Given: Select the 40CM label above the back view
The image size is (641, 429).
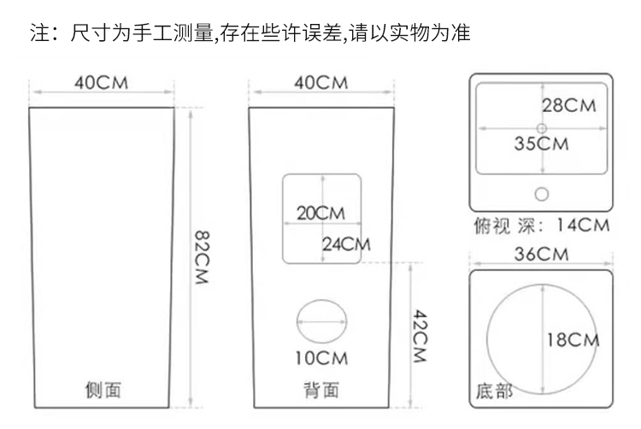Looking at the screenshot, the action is coord(320,83).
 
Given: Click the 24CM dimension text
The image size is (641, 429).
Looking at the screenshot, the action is coord(346,244).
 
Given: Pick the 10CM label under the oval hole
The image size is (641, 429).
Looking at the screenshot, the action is coord(321,357).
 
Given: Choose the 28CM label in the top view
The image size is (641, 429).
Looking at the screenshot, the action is coord(568,106).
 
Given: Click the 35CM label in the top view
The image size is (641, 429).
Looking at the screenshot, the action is coord(541,144).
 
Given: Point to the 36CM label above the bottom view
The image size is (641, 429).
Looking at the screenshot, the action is coord(541,255).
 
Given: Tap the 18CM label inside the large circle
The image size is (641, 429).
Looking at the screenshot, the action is coord(573,340).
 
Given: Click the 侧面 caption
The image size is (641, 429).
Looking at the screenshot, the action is coord(103,391).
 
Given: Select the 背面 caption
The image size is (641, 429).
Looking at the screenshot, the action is coord(321,391).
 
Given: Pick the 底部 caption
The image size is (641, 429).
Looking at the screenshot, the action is coord(494,392).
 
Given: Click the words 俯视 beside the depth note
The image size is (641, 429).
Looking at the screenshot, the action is coord(492,226).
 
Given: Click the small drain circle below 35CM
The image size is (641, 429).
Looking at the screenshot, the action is coord(541,192).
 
